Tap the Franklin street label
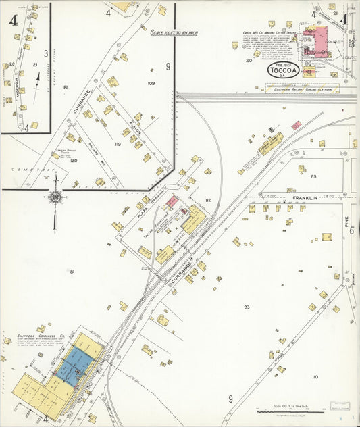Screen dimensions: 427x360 coord(305,199)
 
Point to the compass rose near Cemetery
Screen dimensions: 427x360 coord(55,197)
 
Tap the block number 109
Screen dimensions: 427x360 coord(151,83)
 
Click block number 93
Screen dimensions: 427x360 coord(247,307)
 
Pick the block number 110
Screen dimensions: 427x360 coord(314,376)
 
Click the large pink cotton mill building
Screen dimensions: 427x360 coord(316,41)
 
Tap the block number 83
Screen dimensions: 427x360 coord(313,176)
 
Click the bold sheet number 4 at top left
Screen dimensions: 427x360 coord(13,18)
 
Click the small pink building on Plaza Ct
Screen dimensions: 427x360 coord(172,201)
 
